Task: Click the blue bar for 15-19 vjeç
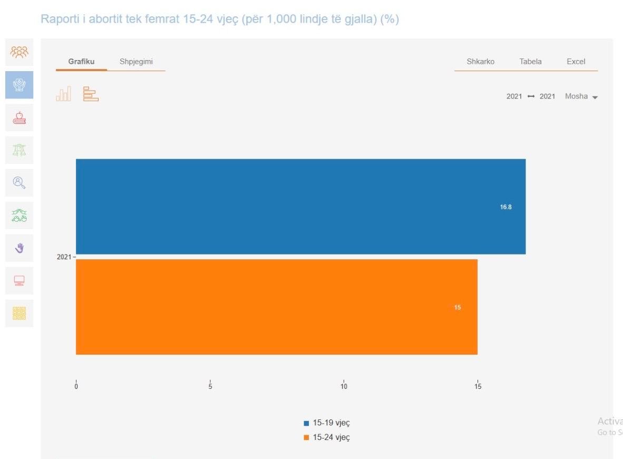pos(301,207)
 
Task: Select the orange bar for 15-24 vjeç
pos(277,307)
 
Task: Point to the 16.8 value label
pos(505,207)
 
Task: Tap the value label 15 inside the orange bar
pos(457,307)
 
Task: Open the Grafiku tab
pos(81,62)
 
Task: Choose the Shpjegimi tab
pos(136,62)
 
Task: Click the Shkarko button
pos(480,62)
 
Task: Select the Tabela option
pos(530,62)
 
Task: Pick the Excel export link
pos(576,62)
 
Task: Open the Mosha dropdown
pos(581,96)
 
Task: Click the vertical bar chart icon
pos(64,94)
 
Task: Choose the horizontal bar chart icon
pos(91,94)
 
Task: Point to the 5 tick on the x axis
pos(210,386)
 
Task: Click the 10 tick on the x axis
pos(344,386)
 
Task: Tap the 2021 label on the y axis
pos(64,257)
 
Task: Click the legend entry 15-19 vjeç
pos(327,423)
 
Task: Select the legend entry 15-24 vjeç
pos(327,437)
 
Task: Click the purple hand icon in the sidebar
pos(19,248)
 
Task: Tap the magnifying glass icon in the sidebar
pos(19,183)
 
